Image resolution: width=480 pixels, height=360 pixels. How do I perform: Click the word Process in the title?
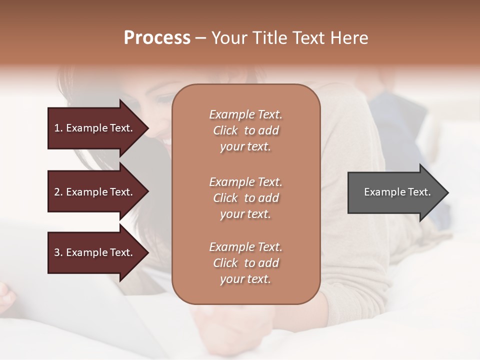[x=157, y=38]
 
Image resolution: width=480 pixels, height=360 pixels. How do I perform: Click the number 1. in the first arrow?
[x=58, y=128]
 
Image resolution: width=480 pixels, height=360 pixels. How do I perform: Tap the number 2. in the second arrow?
[x=58, y=192]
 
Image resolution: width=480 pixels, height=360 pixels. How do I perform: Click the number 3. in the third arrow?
[x=58, y=252]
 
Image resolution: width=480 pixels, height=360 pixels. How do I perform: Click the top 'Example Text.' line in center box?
[x=245, y=114]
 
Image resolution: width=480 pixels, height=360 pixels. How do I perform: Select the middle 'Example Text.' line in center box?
[x=245, y=181]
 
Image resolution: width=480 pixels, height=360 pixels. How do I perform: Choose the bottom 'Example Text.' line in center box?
[x=245, y=247]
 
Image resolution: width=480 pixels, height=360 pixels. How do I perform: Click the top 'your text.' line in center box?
[x=245, y=147]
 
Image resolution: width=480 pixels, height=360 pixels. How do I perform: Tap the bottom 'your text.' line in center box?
[x=245, y=279]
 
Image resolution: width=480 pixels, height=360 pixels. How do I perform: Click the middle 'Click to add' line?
[x=245, y=198]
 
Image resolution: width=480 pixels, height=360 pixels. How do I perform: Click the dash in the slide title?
[x=200, y=38]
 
